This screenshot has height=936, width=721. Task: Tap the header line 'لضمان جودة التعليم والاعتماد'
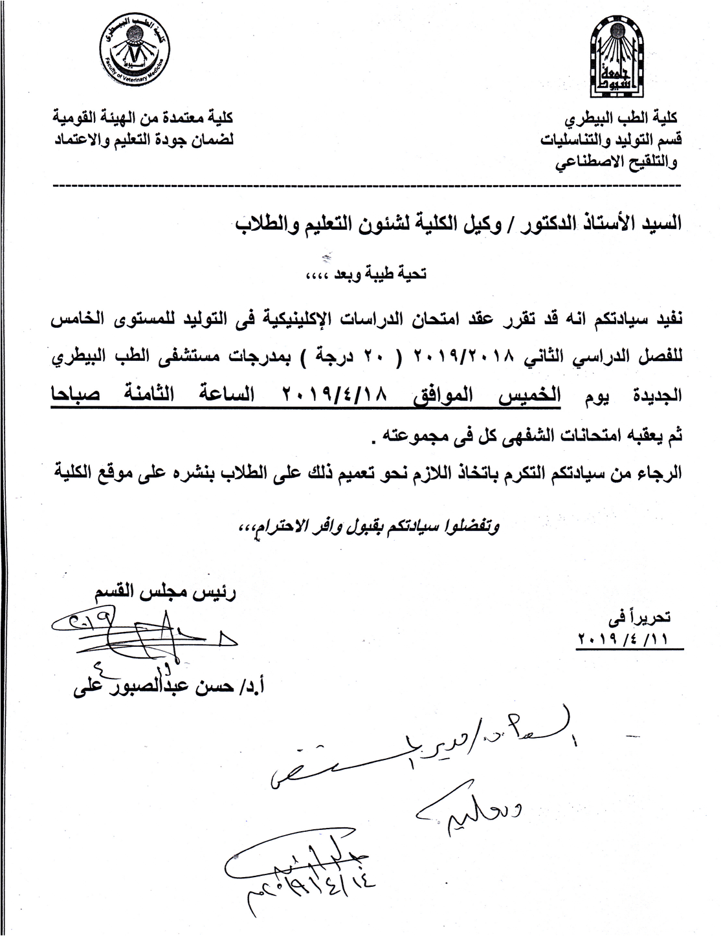(x=143, y=138)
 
